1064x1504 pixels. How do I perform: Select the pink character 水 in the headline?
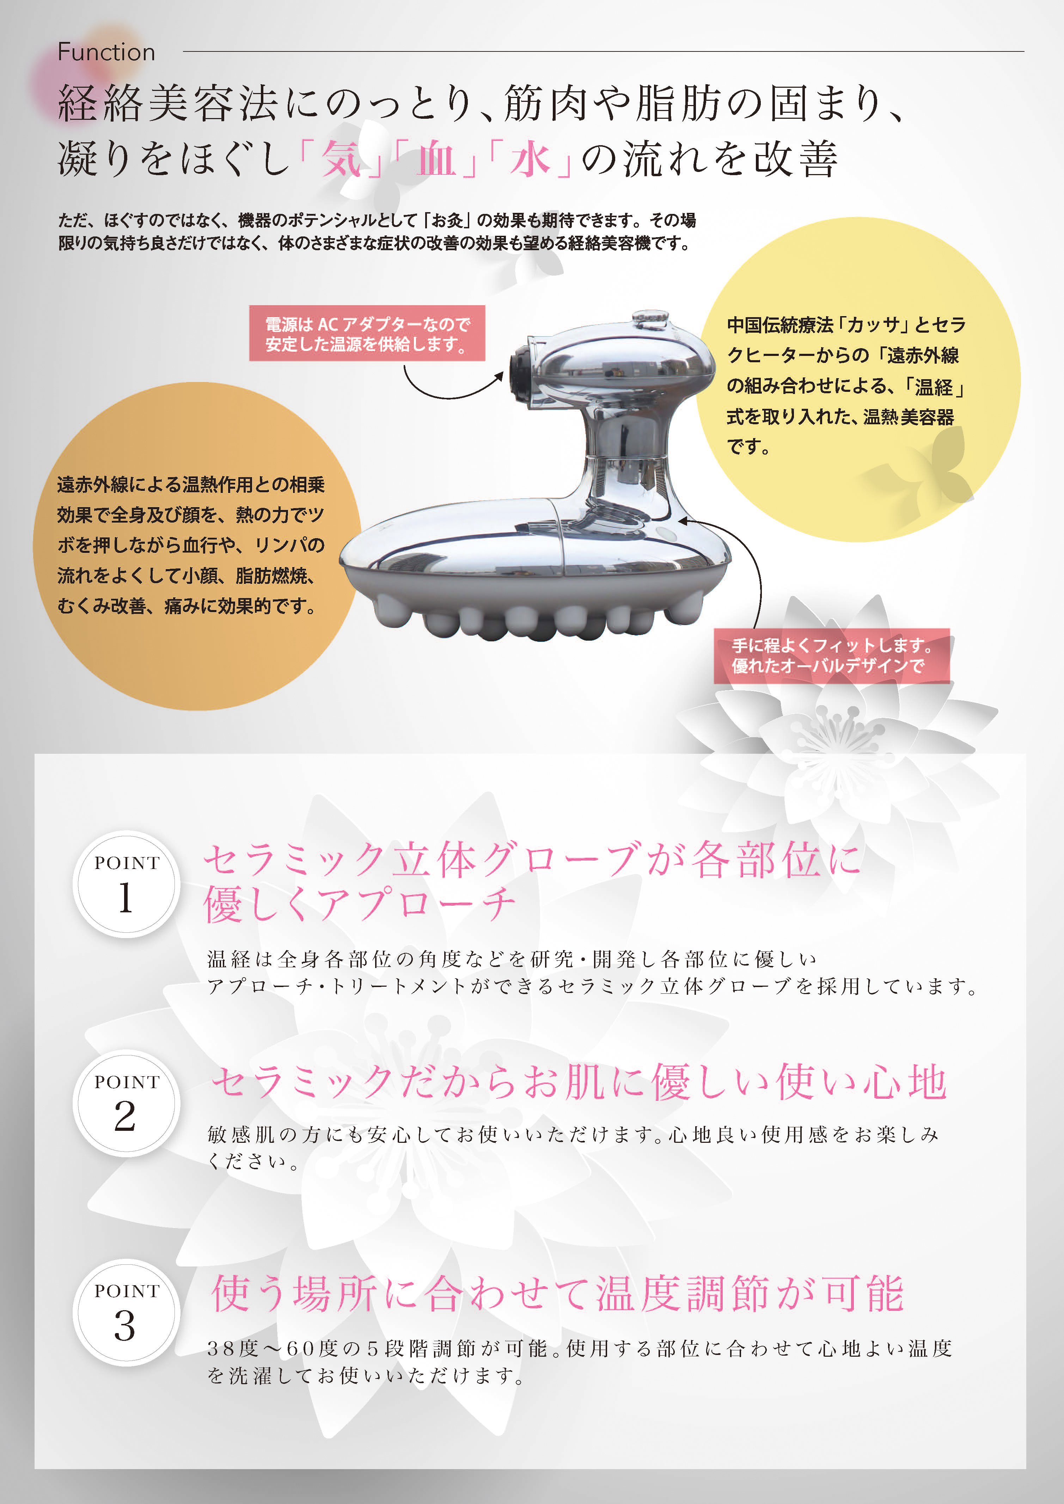pyautogui.click(x=530, y=159)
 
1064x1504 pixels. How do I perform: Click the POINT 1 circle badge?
pyautogui.click(x=126, y=884)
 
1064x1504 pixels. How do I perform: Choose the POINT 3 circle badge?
pyautogui.click(x=126, y=1312)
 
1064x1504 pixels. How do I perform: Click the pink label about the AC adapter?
pyautogui.click(x=367, y=333)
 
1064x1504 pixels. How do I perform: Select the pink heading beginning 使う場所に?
pyautogui.click(x=557, y=1294)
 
